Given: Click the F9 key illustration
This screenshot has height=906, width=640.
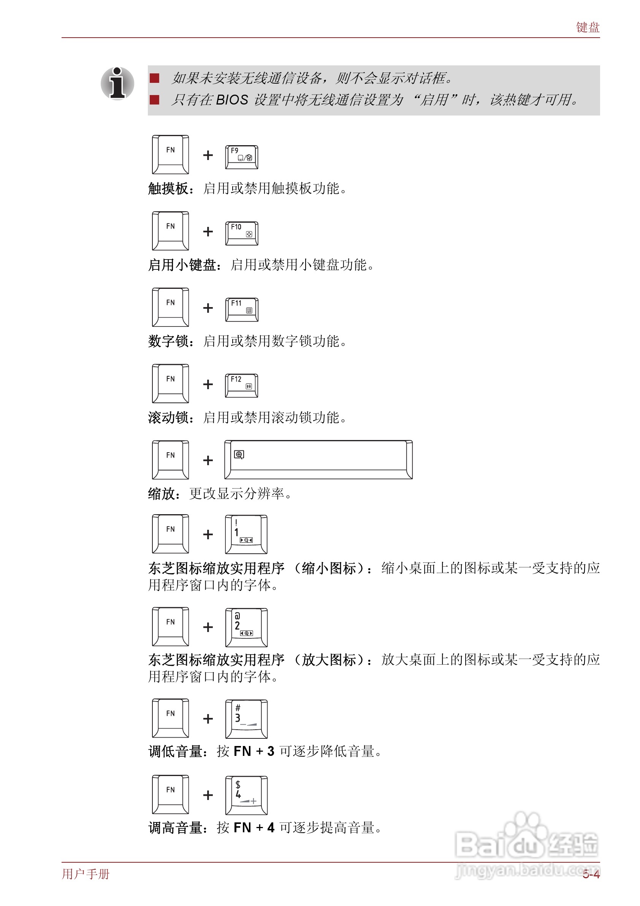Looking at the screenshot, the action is point(241,157).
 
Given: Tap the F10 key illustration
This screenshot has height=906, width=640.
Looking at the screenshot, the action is point(241,233).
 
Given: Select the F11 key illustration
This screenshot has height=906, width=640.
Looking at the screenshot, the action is point(241,309).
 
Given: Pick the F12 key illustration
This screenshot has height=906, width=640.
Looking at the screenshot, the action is point(241,385).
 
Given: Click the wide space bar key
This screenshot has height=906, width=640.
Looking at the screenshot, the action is point(318,460).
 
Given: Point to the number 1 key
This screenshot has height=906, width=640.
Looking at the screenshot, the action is point(246,534).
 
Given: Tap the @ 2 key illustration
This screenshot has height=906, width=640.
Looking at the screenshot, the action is point(246,627).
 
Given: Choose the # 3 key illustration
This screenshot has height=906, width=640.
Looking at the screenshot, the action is point(246,719).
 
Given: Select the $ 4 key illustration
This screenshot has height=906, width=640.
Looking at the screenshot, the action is point(246,795).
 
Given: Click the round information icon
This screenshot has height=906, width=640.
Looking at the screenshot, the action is point(117,84).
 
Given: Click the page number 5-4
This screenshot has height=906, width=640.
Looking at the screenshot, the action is point(591,874).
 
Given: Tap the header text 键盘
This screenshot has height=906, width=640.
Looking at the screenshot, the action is point(588,27).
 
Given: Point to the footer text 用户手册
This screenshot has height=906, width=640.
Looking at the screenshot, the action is point(86,874).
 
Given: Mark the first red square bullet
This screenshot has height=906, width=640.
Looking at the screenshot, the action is point(154,78).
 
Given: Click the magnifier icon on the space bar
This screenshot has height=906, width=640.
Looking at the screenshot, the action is point(239,455).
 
